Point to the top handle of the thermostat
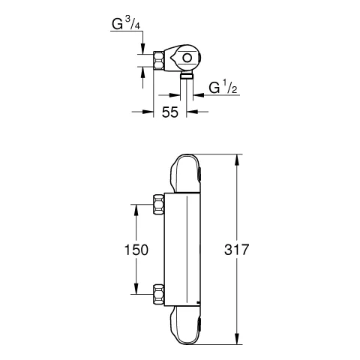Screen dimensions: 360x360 pyautogui.click(x=185, y=174)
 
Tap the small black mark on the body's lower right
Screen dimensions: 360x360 pyautogui.click(x=196, y=304)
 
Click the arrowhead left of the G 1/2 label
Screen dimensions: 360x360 pyautogui.click(x=197, y=95)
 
